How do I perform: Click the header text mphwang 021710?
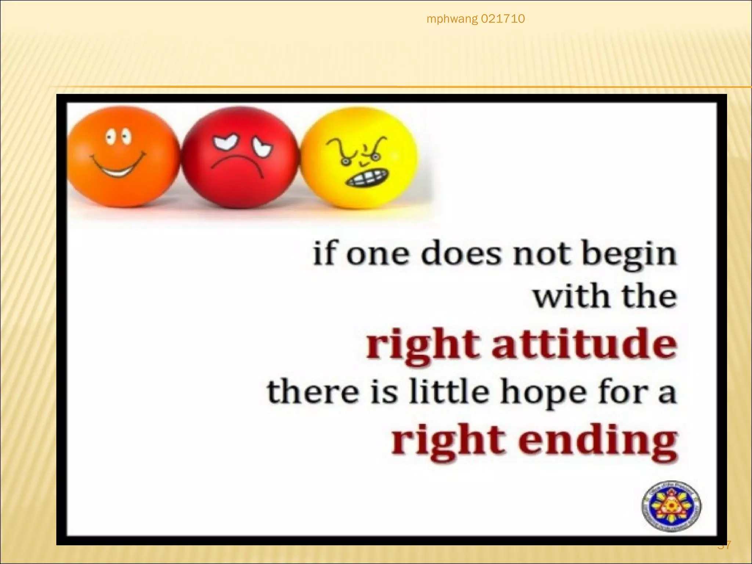(476, 19)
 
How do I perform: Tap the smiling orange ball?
(123, 158)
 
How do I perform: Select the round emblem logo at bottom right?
(671, 506)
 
